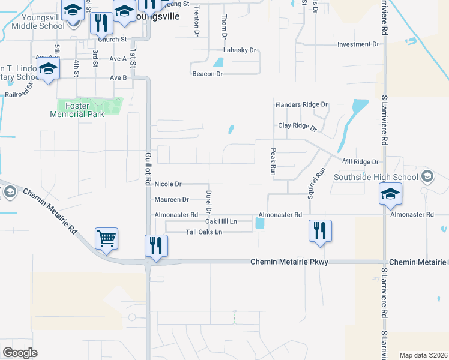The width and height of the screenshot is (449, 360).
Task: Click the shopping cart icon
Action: point(106,238)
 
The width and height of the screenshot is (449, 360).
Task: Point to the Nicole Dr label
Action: point(168,184)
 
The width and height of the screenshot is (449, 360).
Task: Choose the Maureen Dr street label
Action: point(172,199)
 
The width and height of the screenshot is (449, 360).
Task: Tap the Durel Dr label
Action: point(208,202)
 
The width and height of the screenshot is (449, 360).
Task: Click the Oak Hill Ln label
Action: point(221,221)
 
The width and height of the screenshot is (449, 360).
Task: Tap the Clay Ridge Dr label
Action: point(297,127)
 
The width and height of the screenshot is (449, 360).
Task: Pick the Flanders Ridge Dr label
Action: point(301,104)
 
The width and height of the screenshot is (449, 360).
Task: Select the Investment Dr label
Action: point(358,44)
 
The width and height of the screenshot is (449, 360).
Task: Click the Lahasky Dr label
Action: point(240,50)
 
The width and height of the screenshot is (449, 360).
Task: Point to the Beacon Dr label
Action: point(208,74)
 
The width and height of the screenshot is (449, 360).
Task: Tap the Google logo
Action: point(19,353)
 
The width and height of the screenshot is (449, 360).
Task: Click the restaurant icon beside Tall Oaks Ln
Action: point(320,231)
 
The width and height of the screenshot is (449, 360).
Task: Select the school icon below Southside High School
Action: point(390,194)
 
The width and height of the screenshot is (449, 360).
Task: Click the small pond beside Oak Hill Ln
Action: point(259,223)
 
